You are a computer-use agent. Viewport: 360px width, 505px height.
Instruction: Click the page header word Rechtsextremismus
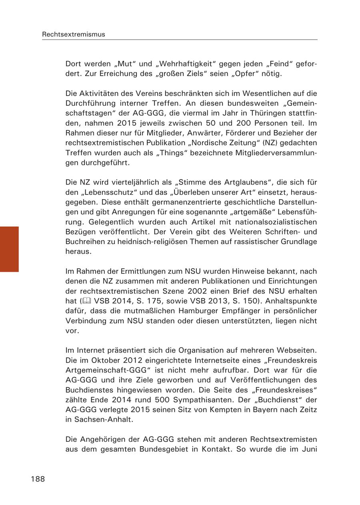pyautogui.click(x=74, y=34)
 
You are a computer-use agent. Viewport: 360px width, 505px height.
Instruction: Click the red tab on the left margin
pyautogui.click(x=9, y=249)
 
